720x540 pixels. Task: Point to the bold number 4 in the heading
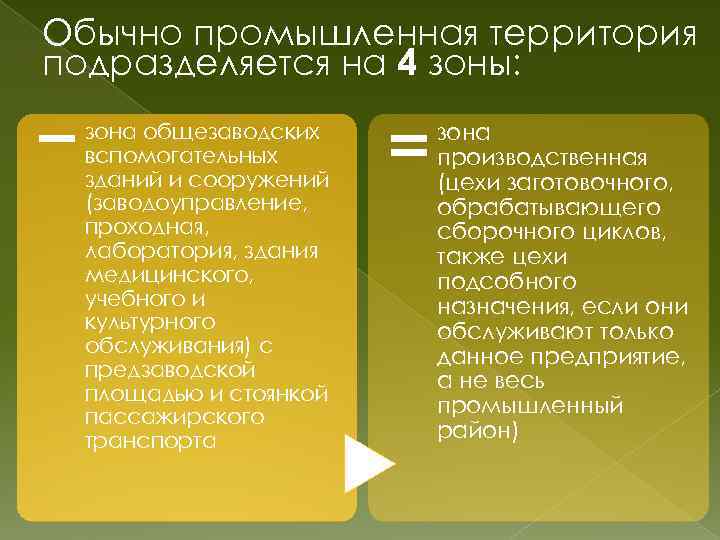pyautogui.click(x=408, y=67)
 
